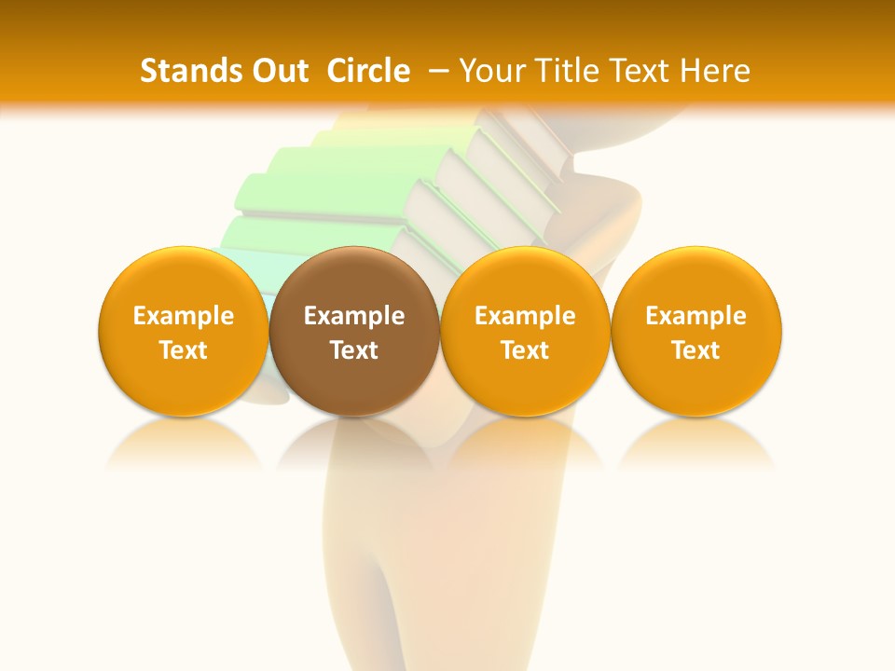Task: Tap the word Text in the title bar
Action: [636, 71]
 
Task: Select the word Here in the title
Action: [715, 71]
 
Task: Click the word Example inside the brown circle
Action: [354, 316]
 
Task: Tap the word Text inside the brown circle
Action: [354, 350]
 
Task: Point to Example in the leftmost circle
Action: [183, 316]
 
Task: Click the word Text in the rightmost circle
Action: [696, 350]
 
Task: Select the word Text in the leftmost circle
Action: [183, 350]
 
